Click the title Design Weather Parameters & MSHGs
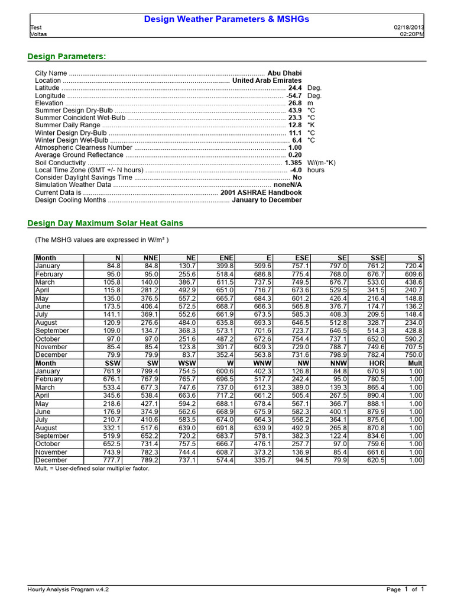(x=227, y=20)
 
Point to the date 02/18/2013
(x=408, y=28)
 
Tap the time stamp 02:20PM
(x=412, y=34)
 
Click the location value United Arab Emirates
(x=267, y=80)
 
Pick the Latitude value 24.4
(x=294, y=88)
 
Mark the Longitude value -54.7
(x=294, y=95)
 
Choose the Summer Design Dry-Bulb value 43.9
(x=294, y=111)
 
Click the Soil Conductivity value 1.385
(x=293, y=163)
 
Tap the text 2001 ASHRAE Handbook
(x=261, y=192)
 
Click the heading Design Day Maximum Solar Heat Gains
(x=106, y=223)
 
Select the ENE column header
(x=226, y=258)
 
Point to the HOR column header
(x=377, y=363)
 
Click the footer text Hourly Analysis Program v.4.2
(x=68, y=589)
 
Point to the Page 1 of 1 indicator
(x=406, y=589)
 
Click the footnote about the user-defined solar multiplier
(x=92, y=468)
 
